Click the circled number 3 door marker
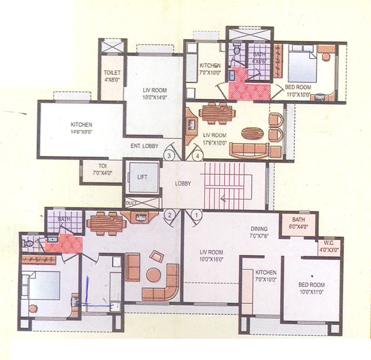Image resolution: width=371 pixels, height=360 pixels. (168, 154)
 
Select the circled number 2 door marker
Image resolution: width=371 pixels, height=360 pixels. (167, 215)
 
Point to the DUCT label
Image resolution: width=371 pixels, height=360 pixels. (130, 203)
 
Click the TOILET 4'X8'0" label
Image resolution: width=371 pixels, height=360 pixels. (112, 76)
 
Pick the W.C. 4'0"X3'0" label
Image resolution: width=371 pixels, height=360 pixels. (330, 246)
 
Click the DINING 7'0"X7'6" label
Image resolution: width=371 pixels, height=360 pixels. (260, 232)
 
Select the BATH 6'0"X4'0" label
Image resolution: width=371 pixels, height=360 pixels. (298, 223)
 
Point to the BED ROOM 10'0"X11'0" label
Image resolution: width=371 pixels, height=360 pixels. (312, 288)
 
